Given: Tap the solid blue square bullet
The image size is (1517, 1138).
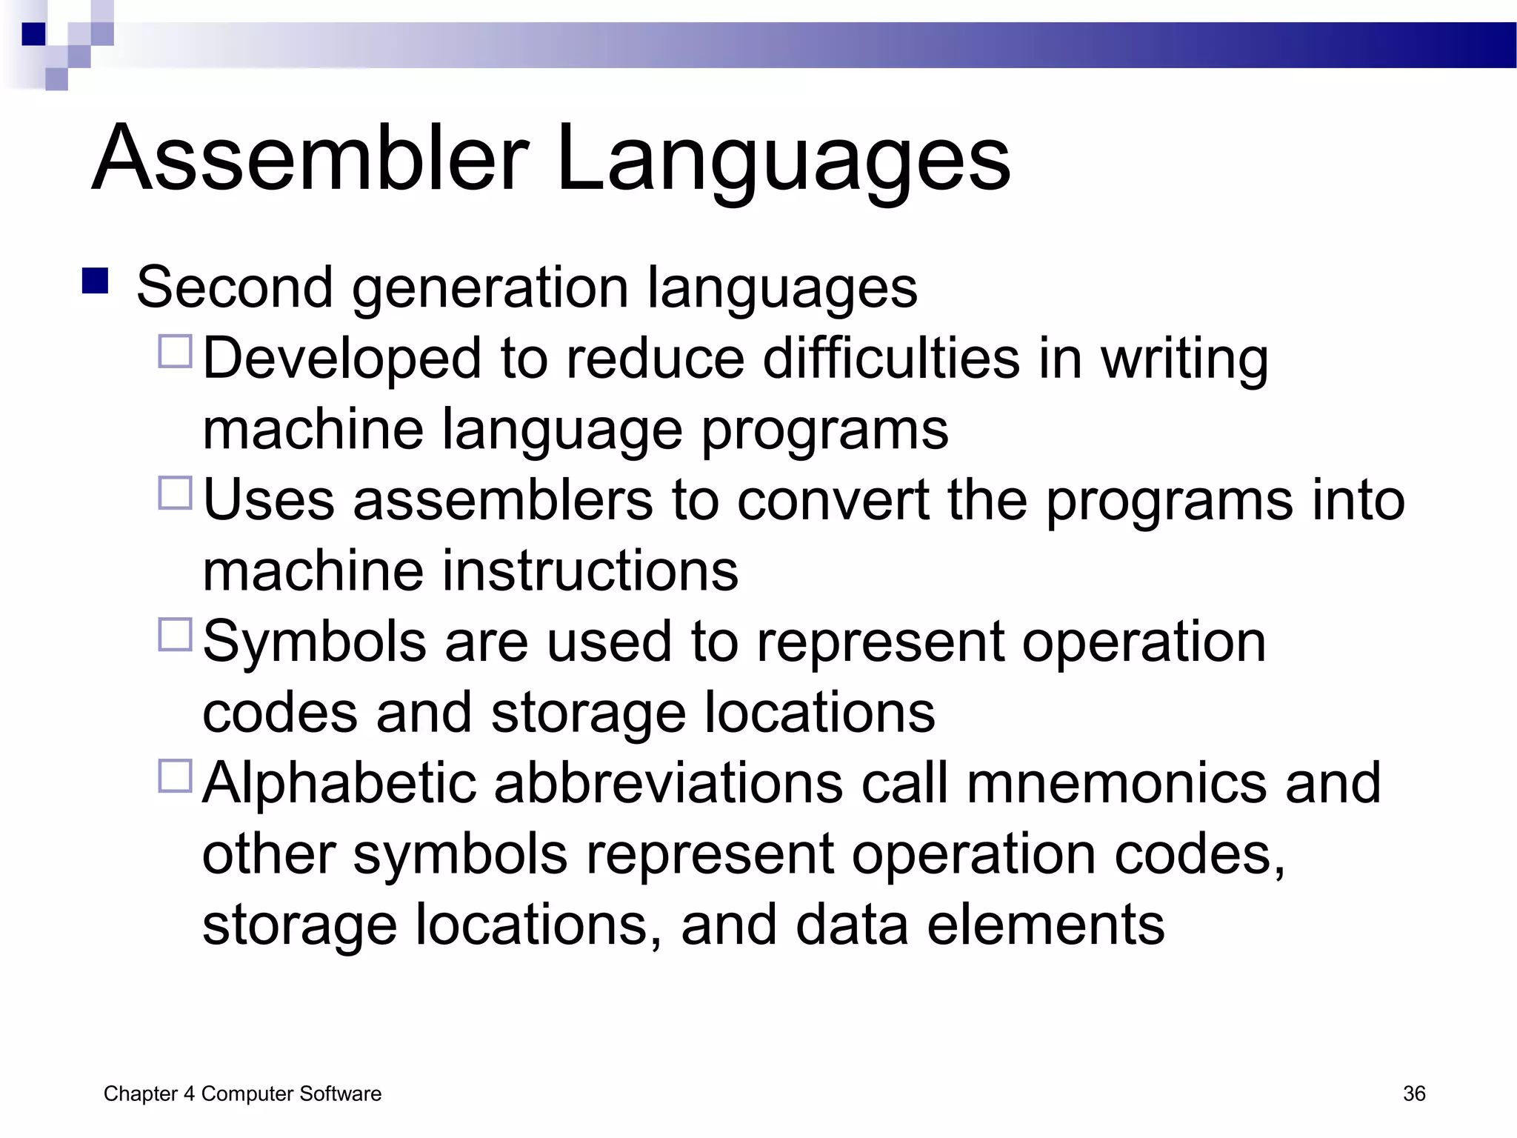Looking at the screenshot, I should (x=96, y=281).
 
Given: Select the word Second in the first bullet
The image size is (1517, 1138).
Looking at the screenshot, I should (x=234, y=287).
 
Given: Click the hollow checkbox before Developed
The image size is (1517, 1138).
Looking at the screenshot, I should (x=176, y=350).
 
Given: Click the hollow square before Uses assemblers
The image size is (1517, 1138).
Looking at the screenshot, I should (x=176, y=492).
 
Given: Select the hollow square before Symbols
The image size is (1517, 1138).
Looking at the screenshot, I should (x=176, y=634).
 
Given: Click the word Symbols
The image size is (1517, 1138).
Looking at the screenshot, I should (x=314, y=642).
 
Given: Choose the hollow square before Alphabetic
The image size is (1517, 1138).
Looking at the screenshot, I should (x=176, y=776).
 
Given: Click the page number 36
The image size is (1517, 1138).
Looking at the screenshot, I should (x=1413, y=1094).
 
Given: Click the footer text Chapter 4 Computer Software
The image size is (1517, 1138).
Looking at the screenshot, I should (x=242, y=1094).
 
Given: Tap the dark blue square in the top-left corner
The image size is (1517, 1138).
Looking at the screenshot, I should (x=33, y=34).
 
